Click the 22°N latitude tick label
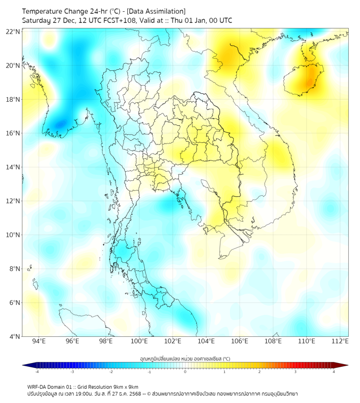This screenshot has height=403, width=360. click(x=13, y=32)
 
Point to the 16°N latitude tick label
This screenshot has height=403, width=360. click(x=13, y=133)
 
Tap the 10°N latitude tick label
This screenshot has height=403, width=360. click(x=13, y=235)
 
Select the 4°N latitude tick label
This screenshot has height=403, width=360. click(x=14, y=336)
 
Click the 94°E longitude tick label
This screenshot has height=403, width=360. click(x=39, y=341)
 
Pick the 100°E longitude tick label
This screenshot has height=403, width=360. click(x=139, y=341)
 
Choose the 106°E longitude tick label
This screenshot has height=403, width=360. click(x=240, y=341)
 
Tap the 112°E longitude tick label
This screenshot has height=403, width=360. click(x=340, y=341)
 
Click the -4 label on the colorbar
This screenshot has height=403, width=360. click(x=36, y=372)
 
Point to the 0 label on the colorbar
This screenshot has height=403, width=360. click(x=185, y=372)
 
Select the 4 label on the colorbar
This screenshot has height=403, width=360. click(x=333, y=372)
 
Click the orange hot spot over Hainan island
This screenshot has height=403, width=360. click(x=308, y=82)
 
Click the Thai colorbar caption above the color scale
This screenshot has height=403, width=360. click(x=185, y=358)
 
